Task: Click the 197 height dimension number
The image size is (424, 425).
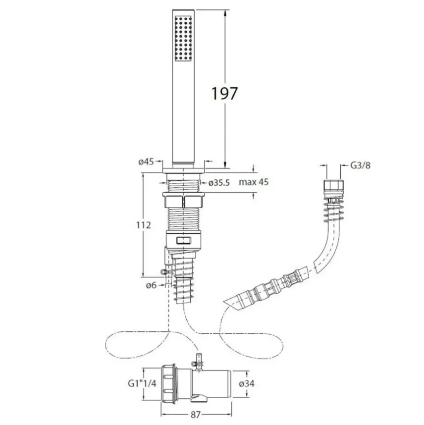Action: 224,93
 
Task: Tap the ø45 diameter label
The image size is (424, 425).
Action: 146,162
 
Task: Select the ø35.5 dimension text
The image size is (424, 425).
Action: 219,183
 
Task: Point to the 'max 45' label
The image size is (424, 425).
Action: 254,182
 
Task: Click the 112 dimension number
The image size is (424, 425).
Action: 144,225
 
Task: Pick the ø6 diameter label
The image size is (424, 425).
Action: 151,285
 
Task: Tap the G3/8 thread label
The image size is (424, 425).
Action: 360,165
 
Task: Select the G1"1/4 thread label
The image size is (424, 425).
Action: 142,383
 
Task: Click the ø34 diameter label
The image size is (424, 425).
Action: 247,383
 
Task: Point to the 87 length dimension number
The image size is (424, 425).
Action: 195,415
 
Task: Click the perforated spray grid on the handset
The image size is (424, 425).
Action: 183,39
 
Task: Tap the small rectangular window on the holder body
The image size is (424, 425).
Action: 184,240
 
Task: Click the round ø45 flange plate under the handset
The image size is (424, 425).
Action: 184,170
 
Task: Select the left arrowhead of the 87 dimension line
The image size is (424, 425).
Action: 164,415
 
